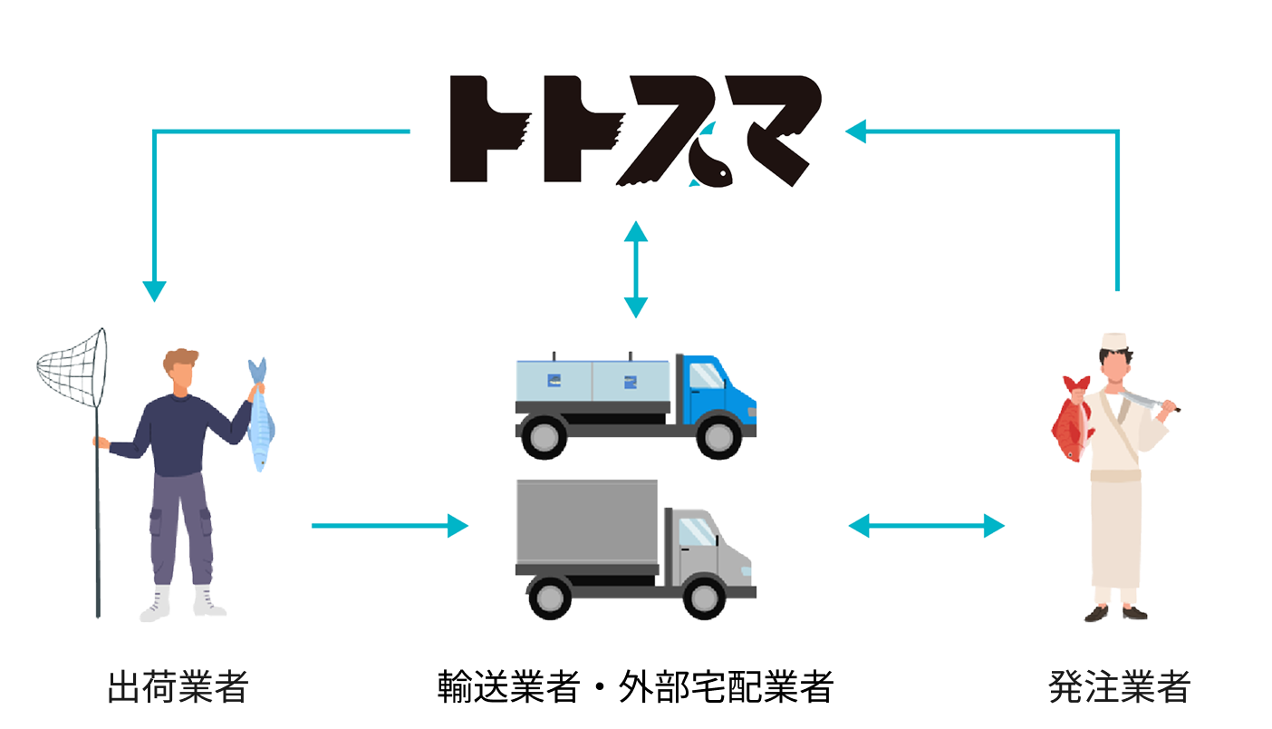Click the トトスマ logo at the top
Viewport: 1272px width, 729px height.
click(x=634, y=131)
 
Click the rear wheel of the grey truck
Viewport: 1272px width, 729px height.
click(x=550, y=598)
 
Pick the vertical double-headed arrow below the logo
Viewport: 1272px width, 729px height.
click(x=636, y=269)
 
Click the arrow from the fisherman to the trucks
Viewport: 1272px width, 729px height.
click(x=390, y=526)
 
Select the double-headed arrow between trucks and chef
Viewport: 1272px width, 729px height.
click(x=926, y=526)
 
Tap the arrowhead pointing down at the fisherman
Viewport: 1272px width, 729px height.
click(x=154, y=290)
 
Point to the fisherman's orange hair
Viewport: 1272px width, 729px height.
click(x=181, y=359)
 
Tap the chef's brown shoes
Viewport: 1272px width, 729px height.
click(x=1115, y=614)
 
